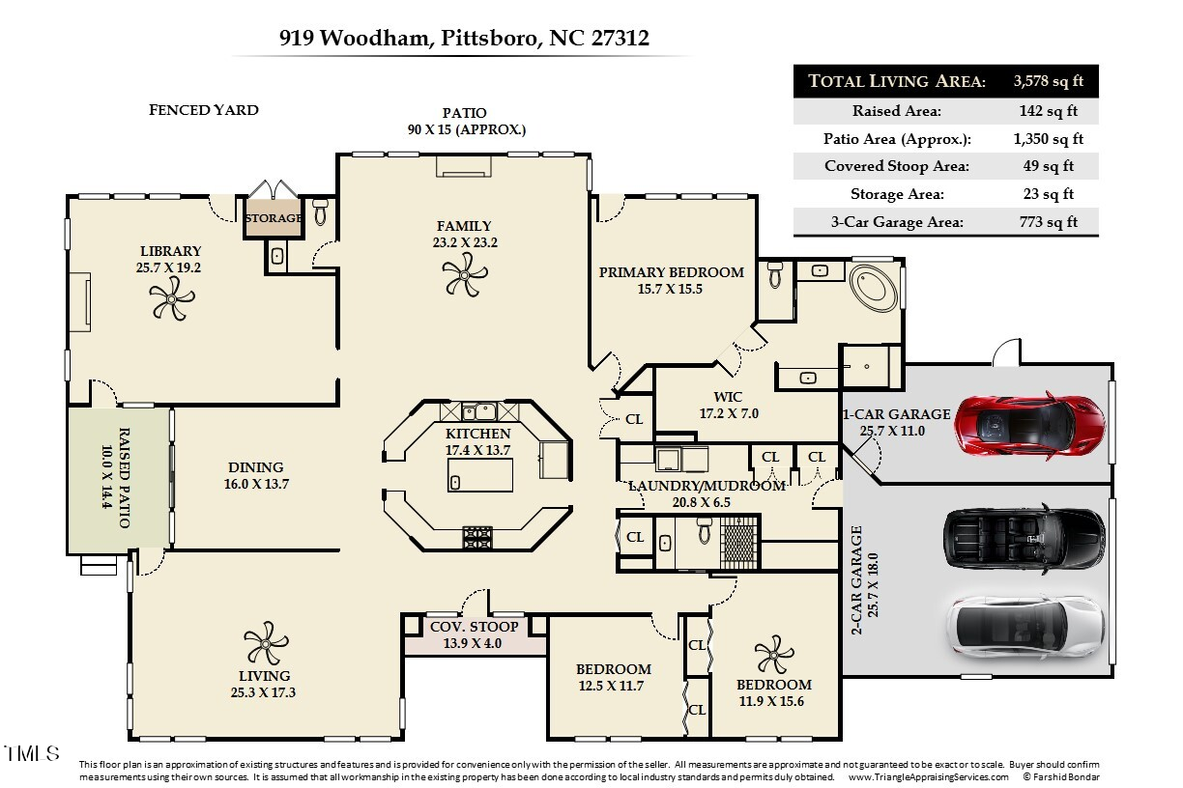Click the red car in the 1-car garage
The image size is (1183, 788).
(1029, 425)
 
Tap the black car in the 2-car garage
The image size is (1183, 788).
(1024, 539)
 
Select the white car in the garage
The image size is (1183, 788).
(1025, 628)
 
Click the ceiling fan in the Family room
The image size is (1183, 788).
(465, 274)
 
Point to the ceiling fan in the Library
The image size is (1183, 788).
(172, 298)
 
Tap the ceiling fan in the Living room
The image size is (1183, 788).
(266, 643)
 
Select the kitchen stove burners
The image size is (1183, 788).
(477, 538)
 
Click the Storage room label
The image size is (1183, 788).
(274, 218)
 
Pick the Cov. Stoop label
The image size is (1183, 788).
(474, 627)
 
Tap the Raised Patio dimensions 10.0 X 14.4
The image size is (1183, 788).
(106, 477)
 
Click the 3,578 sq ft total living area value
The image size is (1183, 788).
(1049, 81)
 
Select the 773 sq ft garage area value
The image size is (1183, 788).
(1049, 222)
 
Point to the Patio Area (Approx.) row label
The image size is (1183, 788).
(897, 139)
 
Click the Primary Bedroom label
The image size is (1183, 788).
(672, 272)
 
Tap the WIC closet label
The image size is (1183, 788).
(728, 397)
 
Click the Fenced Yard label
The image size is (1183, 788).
(204, 110)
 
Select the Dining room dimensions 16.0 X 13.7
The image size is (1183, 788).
(256, 484)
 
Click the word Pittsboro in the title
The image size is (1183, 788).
(491, 38)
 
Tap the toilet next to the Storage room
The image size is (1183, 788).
(321, 212)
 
